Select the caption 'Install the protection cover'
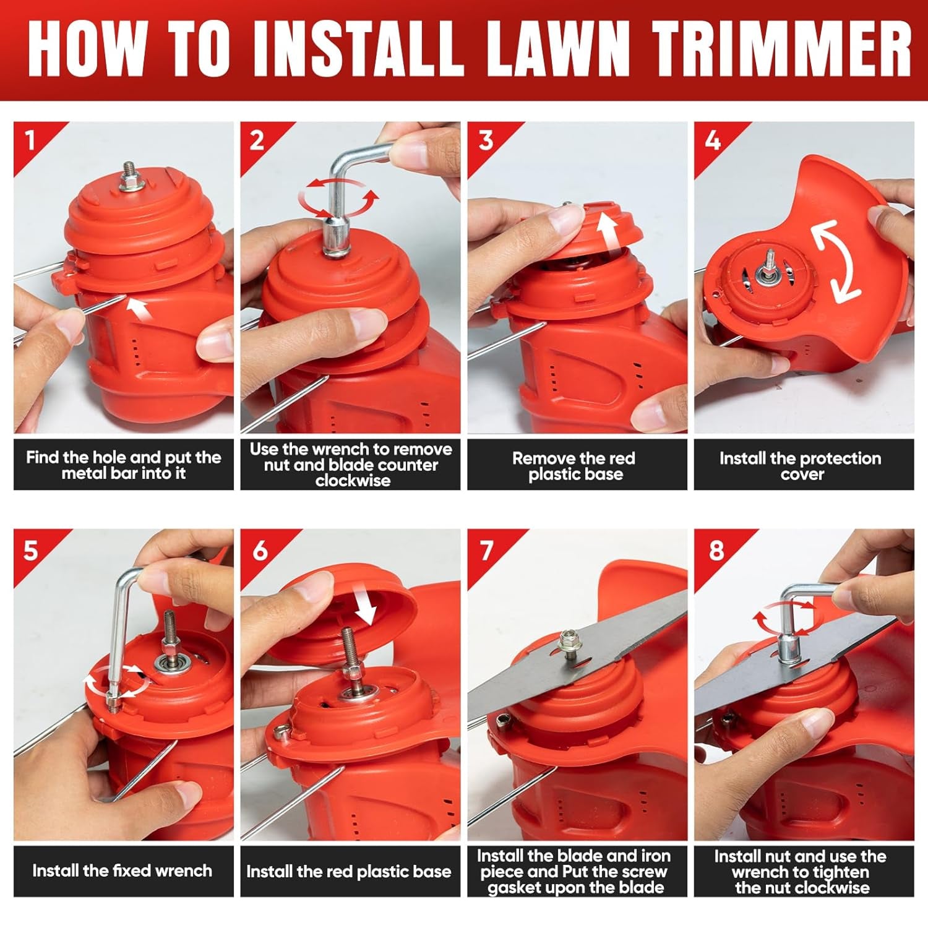coord(801,466)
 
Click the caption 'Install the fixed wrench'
coord(122,871)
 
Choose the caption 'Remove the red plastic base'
coord(574,466)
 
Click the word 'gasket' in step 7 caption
coord(508,888)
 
